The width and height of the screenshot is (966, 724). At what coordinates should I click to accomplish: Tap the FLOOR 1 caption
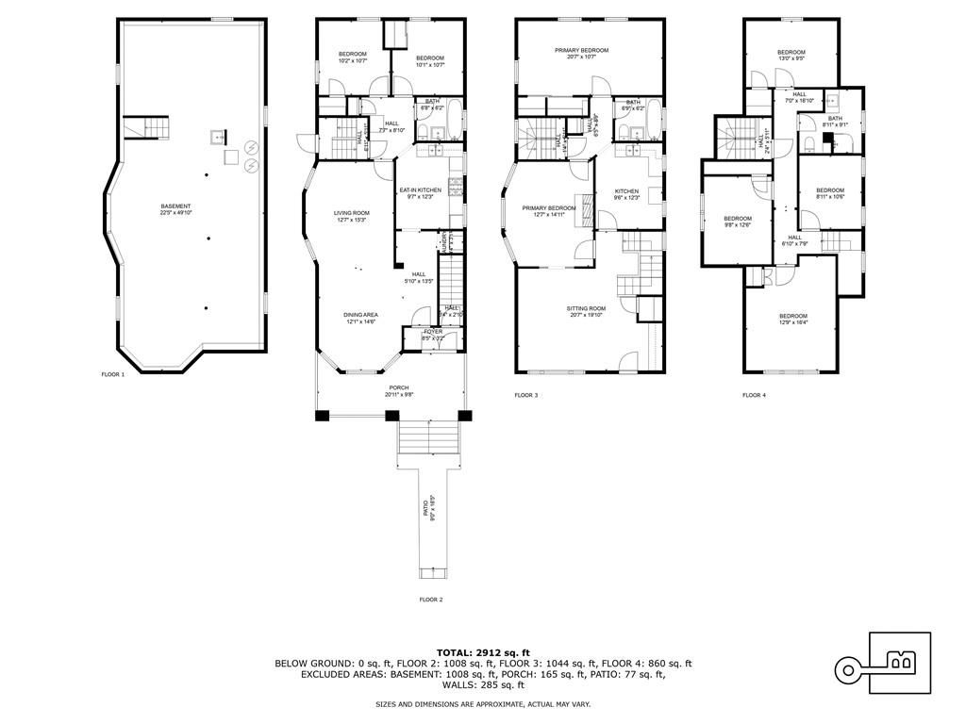coord(113,374)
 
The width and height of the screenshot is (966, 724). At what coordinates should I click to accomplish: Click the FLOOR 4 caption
coord(754,395)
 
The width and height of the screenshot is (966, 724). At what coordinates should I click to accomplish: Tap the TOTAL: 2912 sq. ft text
coord(483,652)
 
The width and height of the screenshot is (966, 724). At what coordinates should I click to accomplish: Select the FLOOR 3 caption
coord(525,395)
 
